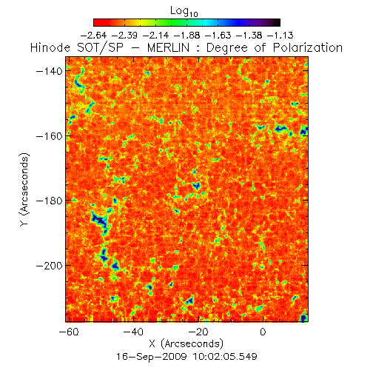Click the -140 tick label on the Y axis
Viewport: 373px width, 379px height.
[x=50, y=71]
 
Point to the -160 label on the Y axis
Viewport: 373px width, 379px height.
[x=50, y=136]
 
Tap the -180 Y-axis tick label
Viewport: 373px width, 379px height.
[x=50, y=201]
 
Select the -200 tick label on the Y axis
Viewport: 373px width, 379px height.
[x=50, y=266]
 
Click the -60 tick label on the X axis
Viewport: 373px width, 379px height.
[x=69, y=332]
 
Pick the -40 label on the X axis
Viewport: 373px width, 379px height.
[x=133, y=332]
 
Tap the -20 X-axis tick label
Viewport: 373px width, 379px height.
[x=198, y=332]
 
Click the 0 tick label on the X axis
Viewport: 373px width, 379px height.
[x=263, y=332]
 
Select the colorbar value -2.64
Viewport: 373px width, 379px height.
[x=94, y=36]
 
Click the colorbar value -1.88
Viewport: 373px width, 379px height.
[x=186, y=36]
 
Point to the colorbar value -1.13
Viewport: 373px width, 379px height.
[x=280, y=36]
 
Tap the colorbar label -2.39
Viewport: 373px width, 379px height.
[x=124, y=36]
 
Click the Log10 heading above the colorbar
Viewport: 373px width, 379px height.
[x=184, y=11]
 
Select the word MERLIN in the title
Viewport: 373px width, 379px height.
[x=169, y=47]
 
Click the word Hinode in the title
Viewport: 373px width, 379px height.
[x=50, y=47]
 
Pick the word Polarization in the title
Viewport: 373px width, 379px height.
[x=308, y=47]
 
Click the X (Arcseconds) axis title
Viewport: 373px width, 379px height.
[x=186, y=343]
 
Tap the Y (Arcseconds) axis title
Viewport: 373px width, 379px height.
[x=24, y=189]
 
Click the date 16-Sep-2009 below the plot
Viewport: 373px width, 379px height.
[x=152, y=356]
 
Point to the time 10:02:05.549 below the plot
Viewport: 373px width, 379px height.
[x=225, y=356]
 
